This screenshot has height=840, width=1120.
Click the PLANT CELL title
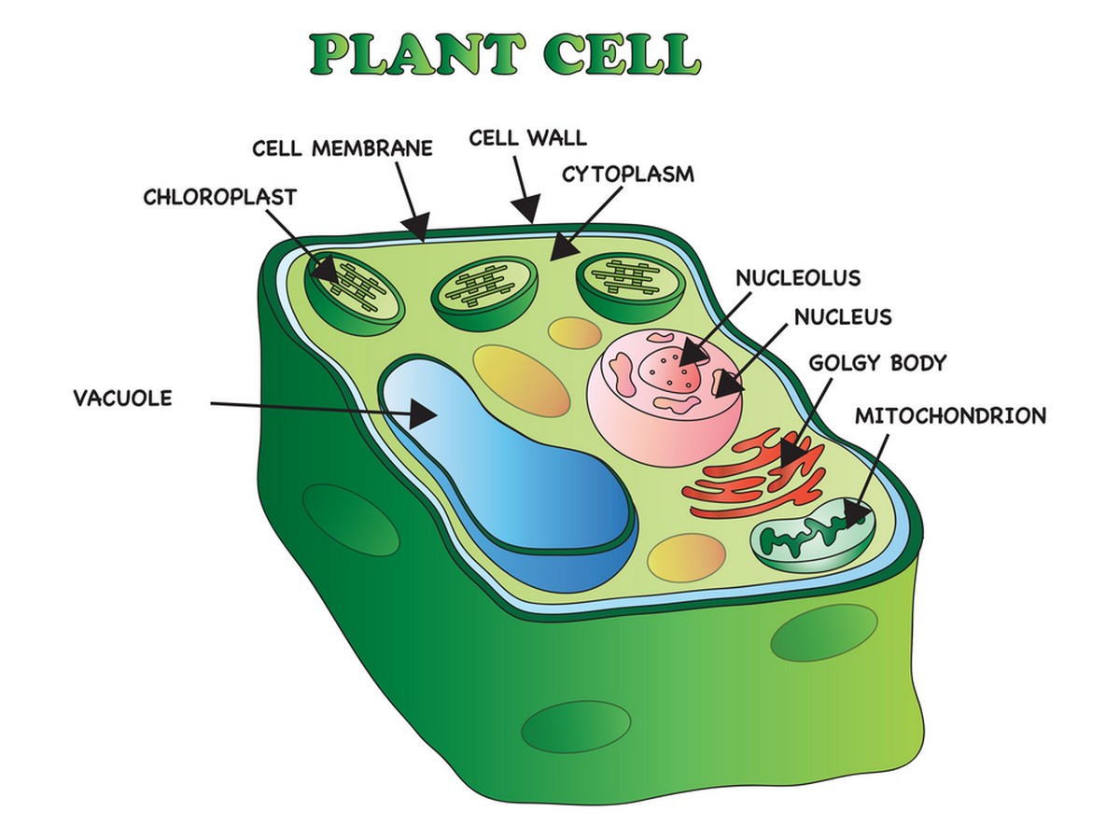504,55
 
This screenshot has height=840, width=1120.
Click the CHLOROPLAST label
219,197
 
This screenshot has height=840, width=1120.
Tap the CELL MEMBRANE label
343,148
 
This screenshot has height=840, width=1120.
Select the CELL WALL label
528,138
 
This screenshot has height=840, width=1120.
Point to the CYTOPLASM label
628,174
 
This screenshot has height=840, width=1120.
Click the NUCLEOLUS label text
798,278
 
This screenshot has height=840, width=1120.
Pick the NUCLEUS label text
843,317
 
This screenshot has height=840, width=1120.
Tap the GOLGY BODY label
877,362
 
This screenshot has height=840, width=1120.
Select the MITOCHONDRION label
950,415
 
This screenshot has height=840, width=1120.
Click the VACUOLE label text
123,399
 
